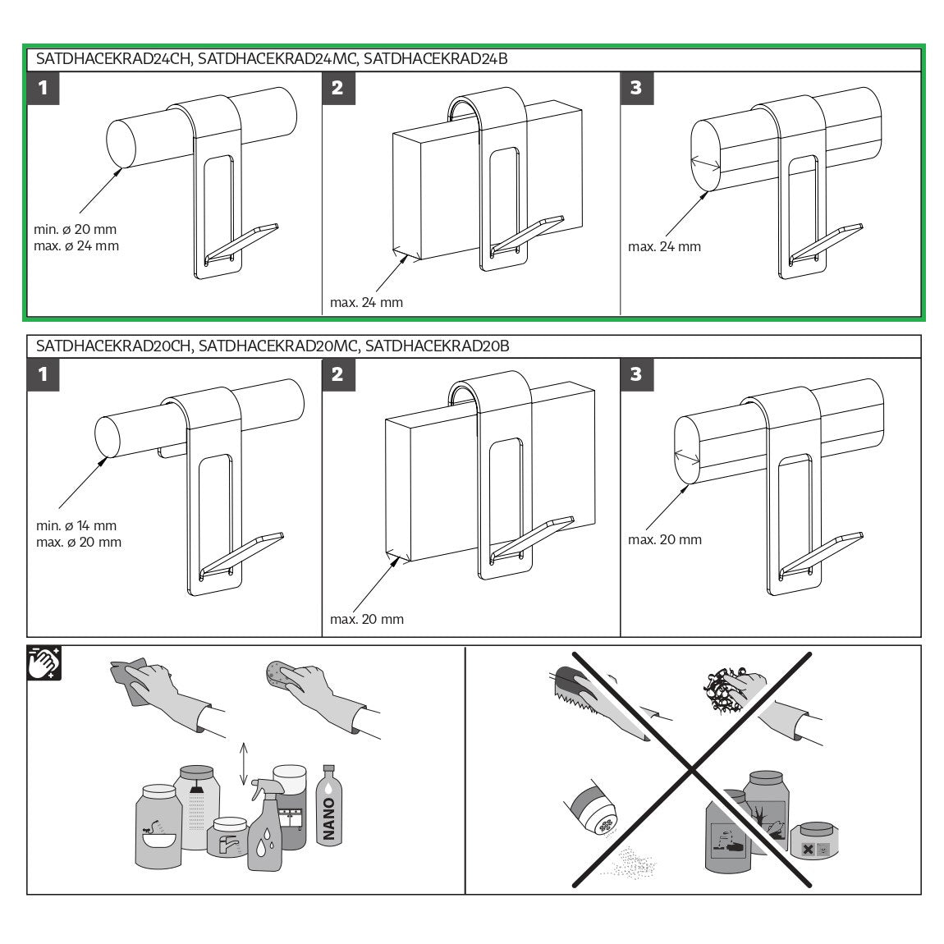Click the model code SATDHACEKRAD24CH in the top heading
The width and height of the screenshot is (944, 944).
click(113, 59)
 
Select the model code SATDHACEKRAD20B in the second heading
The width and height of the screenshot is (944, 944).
click(437, 346)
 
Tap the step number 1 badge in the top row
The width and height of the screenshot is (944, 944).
click(44, 89)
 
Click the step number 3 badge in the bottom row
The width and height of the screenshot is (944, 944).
click(636, 374)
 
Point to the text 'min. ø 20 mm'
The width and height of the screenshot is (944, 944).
click(76, 229)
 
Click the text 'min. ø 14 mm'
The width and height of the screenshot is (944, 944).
click(76, 525)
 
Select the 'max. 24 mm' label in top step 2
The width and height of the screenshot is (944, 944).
click(367, 302)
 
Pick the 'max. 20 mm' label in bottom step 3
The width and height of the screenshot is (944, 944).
click(665, 539)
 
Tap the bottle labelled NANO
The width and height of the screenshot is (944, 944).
click(328, 805)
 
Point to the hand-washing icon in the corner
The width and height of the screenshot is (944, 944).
click(44, 662)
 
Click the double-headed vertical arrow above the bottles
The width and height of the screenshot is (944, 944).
click(243, 764)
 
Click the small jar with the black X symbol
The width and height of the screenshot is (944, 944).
click(815, 842)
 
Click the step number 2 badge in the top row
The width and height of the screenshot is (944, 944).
click(338, 89)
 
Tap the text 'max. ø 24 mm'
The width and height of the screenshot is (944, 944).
click(76, 245)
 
